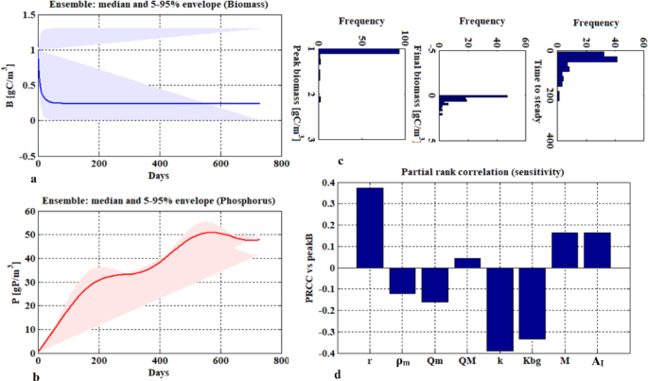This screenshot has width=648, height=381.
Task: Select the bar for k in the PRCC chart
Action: coord(500,309)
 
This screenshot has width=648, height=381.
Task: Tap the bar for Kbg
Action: coord(533,303)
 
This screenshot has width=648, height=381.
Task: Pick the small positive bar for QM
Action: coord(467,263)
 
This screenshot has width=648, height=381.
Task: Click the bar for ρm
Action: coord(402,281)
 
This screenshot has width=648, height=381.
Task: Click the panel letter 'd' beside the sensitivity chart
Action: coord(325,371)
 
